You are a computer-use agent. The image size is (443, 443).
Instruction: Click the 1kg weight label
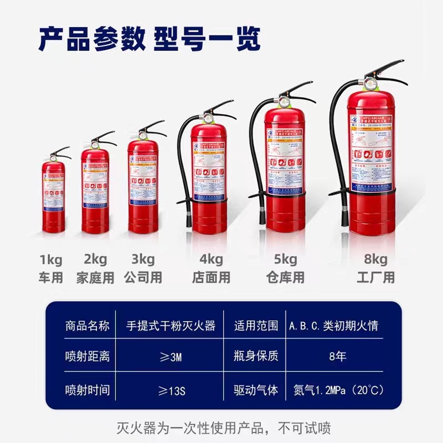tap(50, 259)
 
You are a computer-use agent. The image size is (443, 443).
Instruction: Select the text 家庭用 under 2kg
tap(95, 277)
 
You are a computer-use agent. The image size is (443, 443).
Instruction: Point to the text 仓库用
tap(285, 277)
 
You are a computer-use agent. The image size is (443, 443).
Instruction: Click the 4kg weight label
tap(211, 259)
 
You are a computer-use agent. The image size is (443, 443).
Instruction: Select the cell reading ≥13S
tap(171, 390)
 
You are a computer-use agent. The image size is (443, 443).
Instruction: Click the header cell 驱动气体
tap(256, 390)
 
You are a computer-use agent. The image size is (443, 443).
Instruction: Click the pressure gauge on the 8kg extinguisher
tap(369, 84)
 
